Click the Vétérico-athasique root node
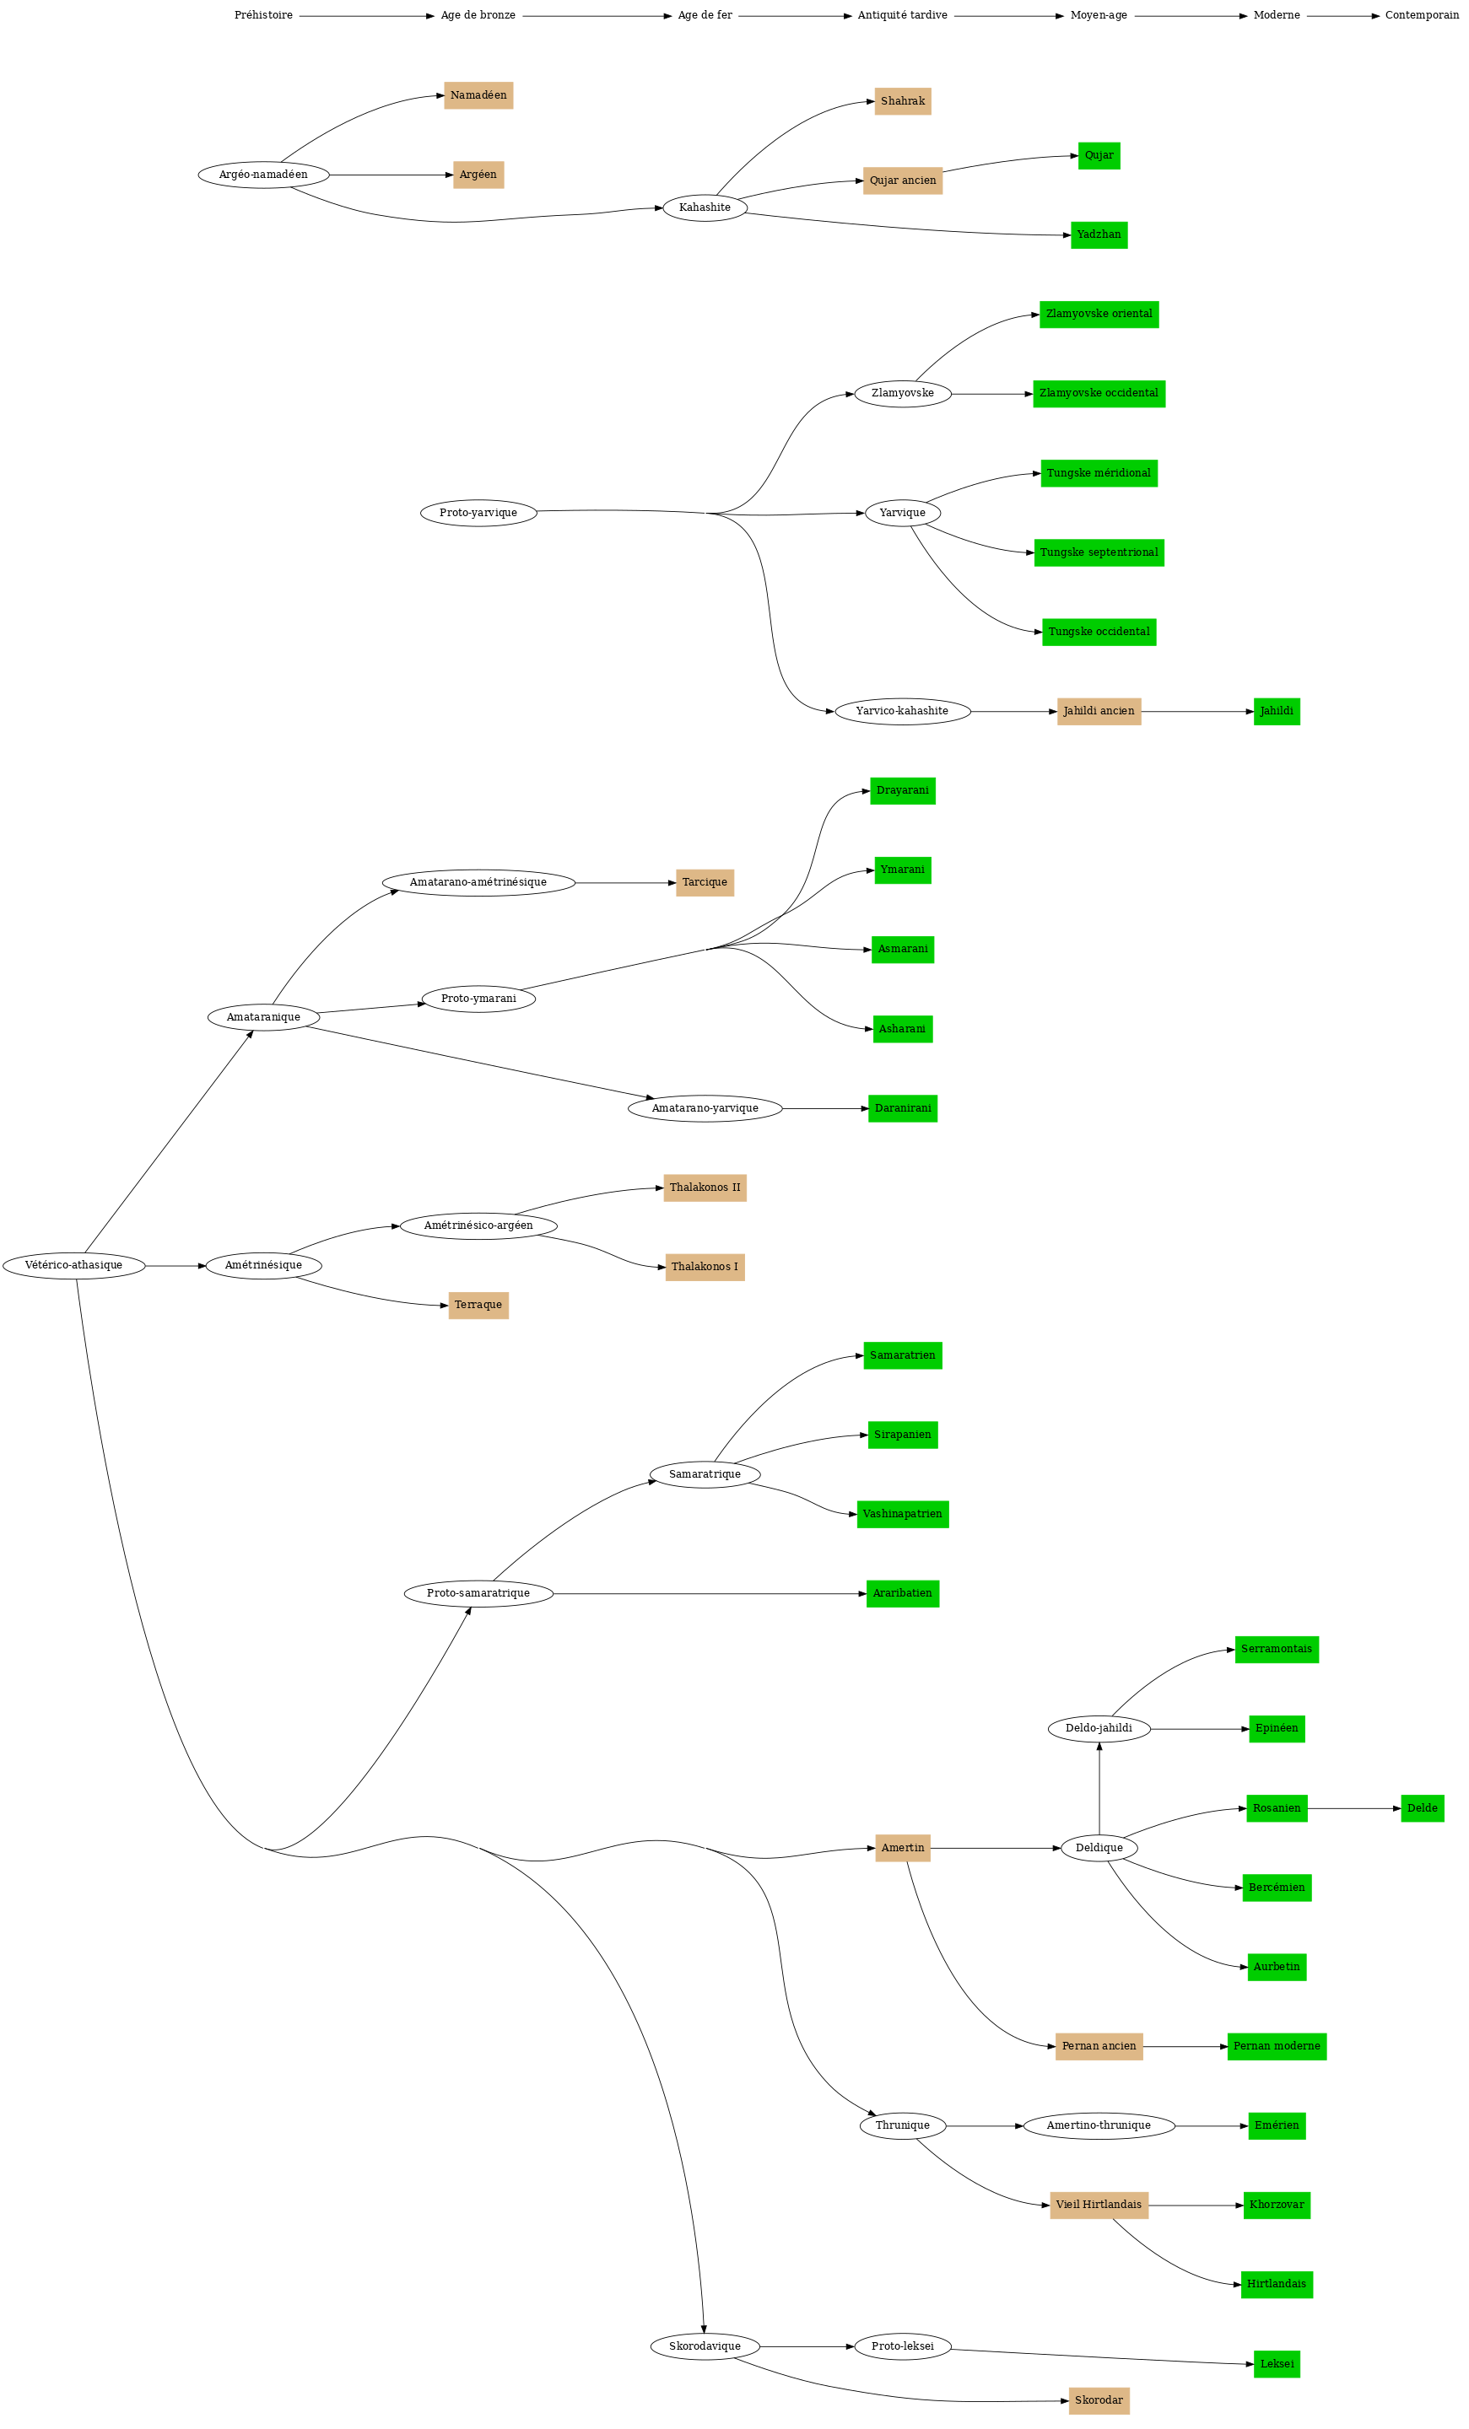click(x=74, y=1265)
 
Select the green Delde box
click(x=1422, y=1808)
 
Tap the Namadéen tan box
click(x=478, y=95)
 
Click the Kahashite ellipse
click(x=705, y=208)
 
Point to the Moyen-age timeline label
click(x=1099, y=16)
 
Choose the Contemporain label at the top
click(x=1422, y=16)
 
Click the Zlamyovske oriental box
click(x=1099, y=315)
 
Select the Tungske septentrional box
click(x=1099, y=553)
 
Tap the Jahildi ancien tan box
click(x=1099, y=712)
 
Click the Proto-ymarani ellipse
click(x=478, y=999)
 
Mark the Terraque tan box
click(x=478, y=1306)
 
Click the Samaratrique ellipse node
click(x=705, y=1475)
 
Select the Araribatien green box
click(x=902, y=1594)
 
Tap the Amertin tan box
click(x=902, y=1849)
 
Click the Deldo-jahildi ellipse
click(x=1099, y=1729)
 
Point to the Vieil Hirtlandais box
click(x=1099, y=2205)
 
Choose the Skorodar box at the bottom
click(x=1099, y=2400)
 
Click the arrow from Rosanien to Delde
click(x=1353, y=1809)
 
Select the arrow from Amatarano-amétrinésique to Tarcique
click(x=625, y=883)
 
